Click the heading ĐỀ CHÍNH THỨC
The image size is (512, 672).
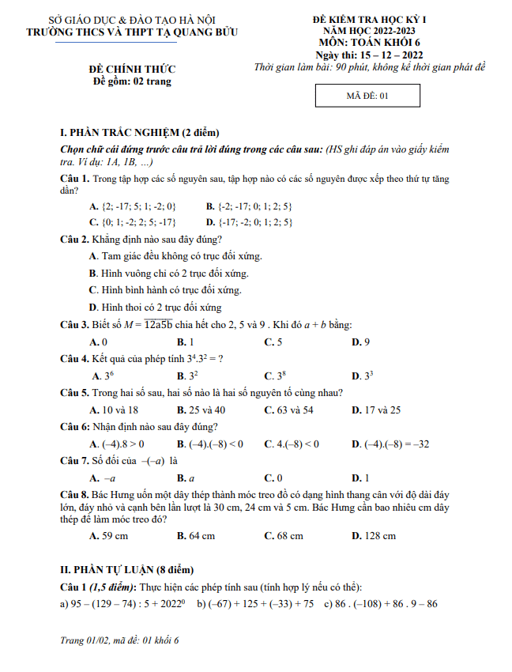point(132,69)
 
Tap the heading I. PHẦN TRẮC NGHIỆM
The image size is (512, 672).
point(140,132)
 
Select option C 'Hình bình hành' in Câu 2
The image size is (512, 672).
point(165,290)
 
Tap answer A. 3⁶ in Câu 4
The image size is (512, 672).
point(103,376)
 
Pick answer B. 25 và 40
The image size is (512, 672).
point(201,410)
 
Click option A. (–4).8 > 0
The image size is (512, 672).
point(117,444)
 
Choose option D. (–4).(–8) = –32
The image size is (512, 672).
point(390,444)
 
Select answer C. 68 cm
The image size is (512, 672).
point(283,535)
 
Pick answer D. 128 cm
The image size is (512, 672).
point(373,535)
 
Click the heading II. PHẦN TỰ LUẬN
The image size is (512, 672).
point(127,570)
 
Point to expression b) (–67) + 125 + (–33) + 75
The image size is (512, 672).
point(254,605)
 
